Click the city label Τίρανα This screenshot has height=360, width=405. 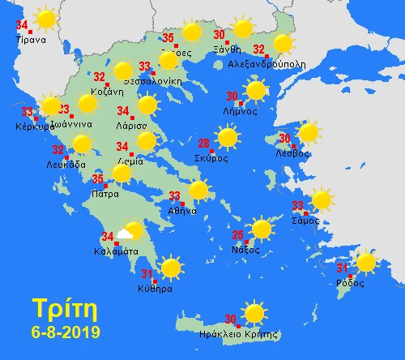point(32,39)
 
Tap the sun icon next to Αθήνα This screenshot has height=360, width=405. point(198,191)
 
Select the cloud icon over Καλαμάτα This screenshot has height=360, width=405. point(125,234)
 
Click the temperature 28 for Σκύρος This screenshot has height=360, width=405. point(204,144)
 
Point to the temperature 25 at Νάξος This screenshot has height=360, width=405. point(237,236)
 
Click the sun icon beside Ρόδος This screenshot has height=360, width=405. point(366,262)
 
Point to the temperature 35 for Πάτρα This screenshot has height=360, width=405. point(97,179)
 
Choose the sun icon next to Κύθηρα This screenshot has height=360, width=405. point(170,268)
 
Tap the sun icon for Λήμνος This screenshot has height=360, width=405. point(256,90)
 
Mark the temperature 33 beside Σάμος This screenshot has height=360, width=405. point(298,205)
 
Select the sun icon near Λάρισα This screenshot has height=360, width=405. point(147,105)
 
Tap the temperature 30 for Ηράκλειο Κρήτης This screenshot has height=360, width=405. point(230,319)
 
